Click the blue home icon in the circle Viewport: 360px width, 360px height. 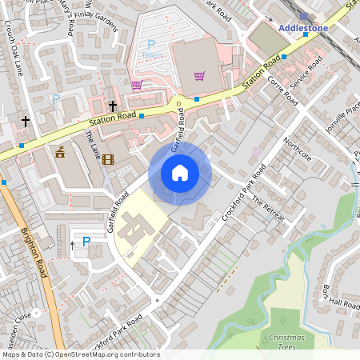[180, 173]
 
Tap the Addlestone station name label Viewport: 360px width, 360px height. [304, 28]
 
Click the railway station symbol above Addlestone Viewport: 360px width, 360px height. [304, 15]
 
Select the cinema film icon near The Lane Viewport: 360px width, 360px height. [108, 159]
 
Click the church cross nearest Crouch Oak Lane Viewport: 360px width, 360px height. [26, 122]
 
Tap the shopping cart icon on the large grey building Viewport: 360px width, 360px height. [199, 76]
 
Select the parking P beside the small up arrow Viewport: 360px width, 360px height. [86, 241]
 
